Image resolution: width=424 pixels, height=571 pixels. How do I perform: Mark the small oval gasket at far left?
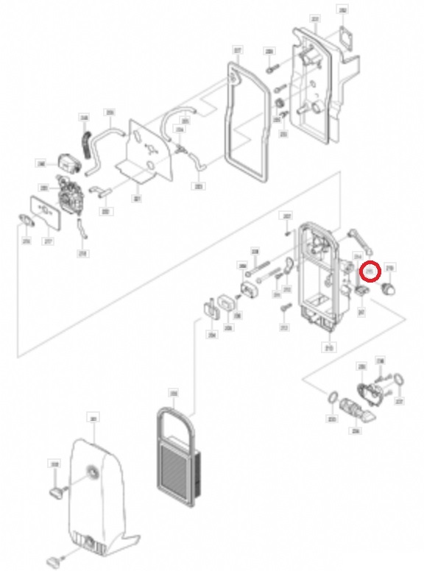24,219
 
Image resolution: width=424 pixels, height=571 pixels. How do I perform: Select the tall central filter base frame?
317,280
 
